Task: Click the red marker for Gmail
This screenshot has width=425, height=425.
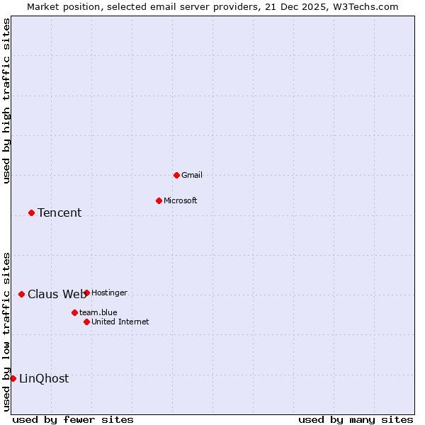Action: click(x=176, y=175)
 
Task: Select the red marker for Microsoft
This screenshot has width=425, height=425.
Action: click(x=159, y=200)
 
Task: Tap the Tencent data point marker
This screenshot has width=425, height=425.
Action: click(x=31, y=212)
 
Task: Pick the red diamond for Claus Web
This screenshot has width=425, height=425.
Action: click(x=21, y=294)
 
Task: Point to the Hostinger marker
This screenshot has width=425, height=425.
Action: click(x=86, y=293)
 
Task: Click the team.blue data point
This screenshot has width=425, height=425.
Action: click(x=74, y=312)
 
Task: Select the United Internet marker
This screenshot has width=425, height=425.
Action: click(x=86, y=322)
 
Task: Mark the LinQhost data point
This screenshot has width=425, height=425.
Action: click(x=13, y=378)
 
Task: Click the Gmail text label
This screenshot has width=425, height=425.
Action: click(x=192, y=175)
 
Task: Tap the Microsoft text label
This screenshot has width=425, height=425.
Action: click(x=181, y=200)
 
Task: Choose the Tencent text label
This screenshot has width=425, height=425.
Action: click(x=59, y=212)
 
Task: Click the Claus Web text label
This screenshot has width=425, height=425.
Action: click(x=57, y=294)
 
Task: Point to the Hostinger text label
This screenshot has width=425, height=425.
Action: click(x=110, y=293)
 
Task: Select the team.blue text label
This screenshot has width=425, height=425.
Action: click(x=98, y=312)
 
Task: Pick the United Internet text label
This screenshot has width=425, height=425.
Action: click(x=120, y=322)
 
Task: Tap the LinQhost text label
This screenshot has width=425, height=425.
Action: click(x=44, y=378)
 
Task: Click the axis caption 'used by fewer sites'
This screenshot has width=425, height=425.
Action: click(x=73, y=419)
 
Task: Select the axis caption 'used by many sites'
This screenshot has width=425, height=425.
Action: click(x=356, y=419)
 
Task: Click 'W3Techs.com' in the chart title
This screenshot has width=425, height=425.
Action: click(x=365, y=7)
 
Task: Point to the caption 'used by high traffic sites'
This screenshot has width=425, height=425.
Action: click(x=7, y=101)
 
